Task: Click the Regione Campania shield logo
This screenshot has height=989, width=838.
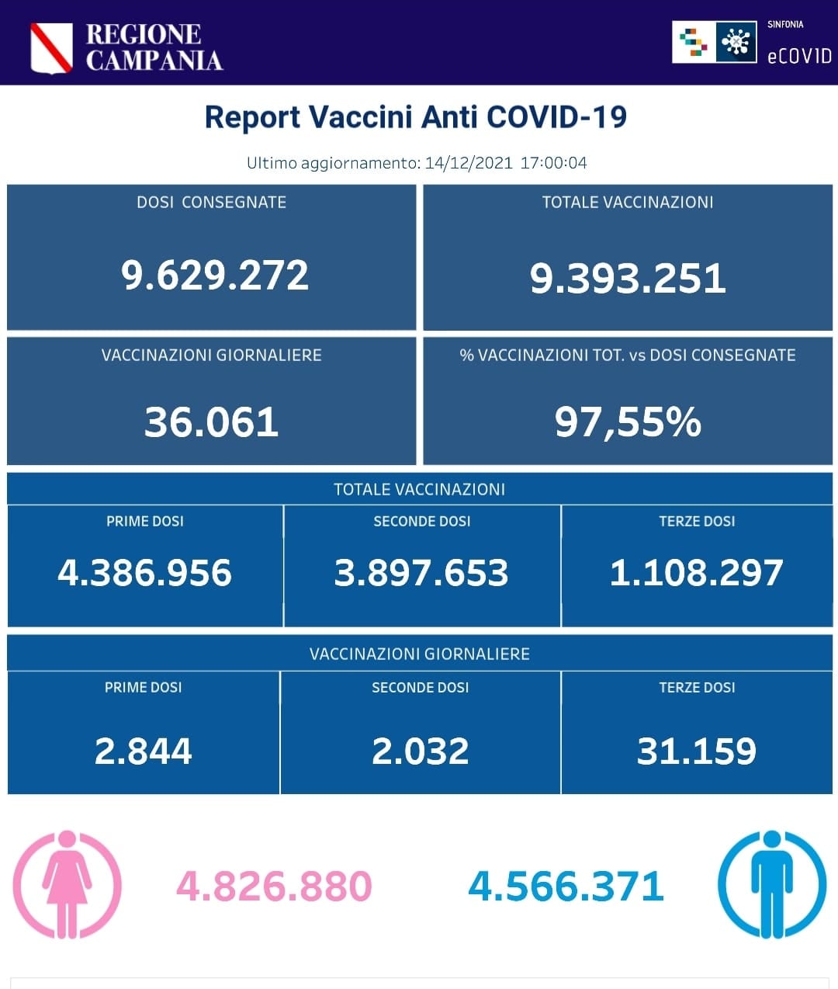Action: [x=51, y=47]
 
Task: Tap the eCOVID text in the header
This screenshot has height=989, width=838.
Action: [x=798, y=56]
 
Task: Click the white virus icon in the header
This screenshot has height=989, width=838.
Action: [x=736, y=42]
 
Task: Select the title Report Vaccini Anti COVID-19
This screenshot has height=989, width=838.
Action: [x=415, y=117]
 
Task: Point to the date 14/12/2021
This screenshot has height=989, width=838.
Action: [x=469, y=163]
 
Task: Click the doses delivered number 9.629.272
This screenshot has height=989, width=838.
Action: [x=214, y=276]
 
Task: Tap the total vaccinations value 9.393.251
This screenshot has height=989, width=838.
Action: [x=627, y=279]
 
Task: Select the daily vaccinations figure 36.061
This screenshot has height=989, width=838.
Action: [x=211, y=422]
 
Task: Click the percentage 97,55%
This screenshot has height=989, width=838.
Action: [x=628, y=422]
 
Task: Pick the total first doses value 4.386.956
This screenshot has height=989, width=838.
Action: [x=144, y=573]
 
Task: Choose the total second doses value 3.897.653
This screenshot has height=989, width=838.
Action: [x=421, y=573]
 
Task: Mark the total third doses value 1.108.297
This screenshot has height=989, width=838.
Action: [x=696, y=573]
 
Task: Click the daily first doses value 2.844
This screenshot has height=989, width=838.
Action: [x=143, y=751]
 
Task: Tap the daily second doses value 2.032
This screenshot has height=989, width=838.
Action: [x=420, y=751]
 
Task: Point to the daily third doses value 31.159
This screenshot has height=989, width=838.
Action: [x=696, y=751]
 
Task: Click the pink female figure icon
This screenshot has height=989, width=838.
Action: [x=67, y=884]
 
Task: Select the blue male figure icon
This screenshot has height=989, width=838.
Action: [x=771, y=884]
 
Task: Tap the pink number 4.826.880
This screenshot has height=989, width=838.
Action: [x=274, y=887]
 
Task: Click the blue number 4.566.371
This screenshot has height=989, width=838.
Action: [x=566, y=887]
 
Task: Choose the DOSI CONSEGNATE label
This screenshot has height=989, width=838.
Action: [x=211, y=203]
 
